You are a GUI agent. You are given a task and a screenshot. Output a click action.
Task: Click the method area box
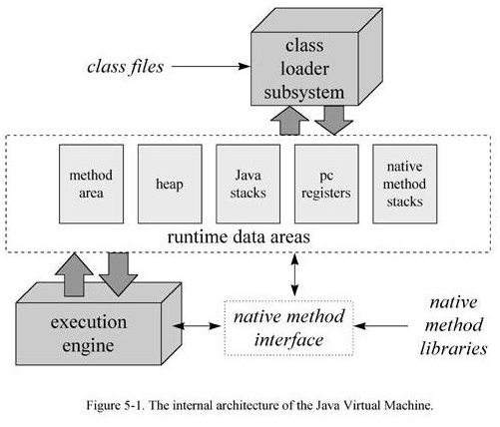(x=91, y=184)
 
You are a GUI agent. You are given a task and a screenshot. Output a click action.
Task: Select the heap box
(x=170, y=184)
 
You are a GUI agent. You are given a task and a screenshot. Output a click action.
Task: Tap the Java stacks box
(x=249, y=184)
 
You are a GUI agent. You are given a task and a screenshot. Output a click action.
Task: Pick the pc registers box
(x=326, y=184)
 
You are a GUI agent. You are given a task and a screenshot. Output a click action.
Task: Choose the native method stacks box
(x=405, y=184)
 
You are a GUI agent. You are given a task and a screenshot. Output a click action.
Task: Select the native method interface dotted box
(x=288, y=328)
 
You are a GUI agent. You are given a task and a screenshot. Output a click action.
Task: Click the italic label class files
(x=126, y=67)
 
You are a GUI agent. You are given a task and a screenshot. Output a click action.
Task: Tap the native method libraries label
(x=453, y=325)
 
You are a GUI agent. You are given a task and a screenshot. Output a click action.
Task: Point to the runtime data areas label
(x=239, y=237)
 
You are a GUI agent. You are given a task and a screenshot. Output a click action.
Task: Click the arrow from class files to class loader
(x=211, y=66)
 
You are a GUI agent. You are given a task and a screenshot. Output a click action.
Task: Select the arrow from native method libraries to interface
(x=381, y=326)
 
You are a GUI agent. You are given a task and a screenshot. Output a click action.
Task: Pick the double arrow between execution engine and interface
(x=197, y=326)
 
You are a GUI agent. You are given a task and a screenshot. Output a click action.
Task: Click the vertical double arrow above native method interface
(x=294, y=274)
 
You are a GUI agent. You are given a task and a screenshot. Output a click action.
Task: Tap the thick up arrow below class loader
(x=289, y=121)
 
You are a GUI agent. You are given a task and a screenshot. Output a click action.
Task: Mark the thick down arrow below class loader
(x=334, y=121)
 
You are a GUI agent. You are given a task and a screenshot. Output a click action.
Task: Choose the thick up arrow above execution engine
(x=74, y=274)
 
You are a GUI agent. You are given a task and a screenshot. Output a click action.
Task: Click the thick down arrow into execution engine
(x=119, y=274)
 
